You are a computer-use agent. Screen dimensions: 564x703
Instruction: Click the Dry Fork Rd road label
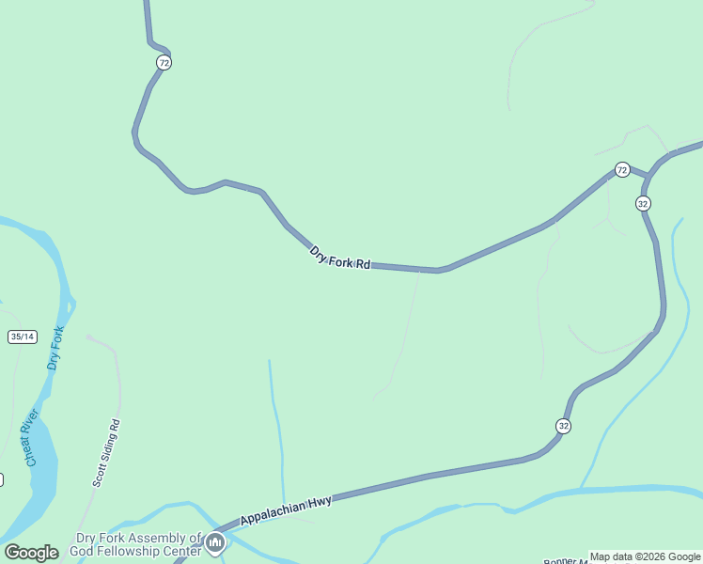pyautogui.click(x=340, y=258)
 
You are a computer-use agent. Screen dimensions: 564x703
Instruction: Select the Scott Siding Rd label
pyautogui.click(x=107, y=452)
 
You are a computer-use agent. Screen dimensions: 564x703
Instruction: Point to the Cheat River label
pyautogui.click(x=32, y=437)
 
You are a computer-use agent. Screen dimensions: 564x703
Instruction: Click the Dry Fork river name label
pyautogui.click(x=55, y=348)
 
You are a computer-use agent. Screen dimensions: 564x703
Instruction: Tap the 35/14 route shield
pyautogui.click(x=22, y=337)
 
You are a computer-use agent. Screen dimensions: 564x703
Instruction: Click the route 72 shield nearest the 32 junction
pyautogui.click(x=622, y=169)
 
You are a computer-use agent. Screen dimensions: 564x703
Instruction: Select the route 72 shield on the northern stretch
pyautogui.click(x=164, y=62)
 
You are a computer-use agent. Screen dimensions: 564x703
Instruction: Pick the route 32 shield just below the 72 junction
pyautogui.click(x=643, y=203)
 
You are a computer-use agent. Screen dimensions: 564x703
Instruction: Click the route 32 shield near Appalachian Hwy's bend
pyautogui.click(x=563, y=426)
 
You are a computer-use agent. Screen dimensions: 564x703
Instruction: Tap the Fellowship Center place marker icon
pyautogui.click(x=215, y=542)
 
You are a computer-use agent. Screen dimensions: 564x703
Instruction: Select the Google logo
pyautogui.click(x=31, y=553)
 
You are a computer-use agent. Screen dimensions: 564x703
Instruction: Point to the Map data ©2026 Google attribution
pyautogui.click(x=645, y=556)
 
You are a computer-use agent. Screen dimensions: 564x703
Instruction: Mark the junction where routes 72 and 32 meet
pyautogui.click(x=648, y=177)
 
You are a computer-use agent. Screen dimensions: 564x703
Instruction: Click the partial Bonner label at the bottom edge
pyautogui.click(x=565, y=561)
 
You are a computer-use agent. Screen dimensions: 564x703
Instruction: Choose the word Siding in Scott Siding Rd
pyautogui.click(x=105, y=454)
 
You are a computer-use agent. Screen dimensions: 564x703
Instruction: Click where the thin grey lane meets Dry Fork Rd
pyautogui.click(x=419, y=270)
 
